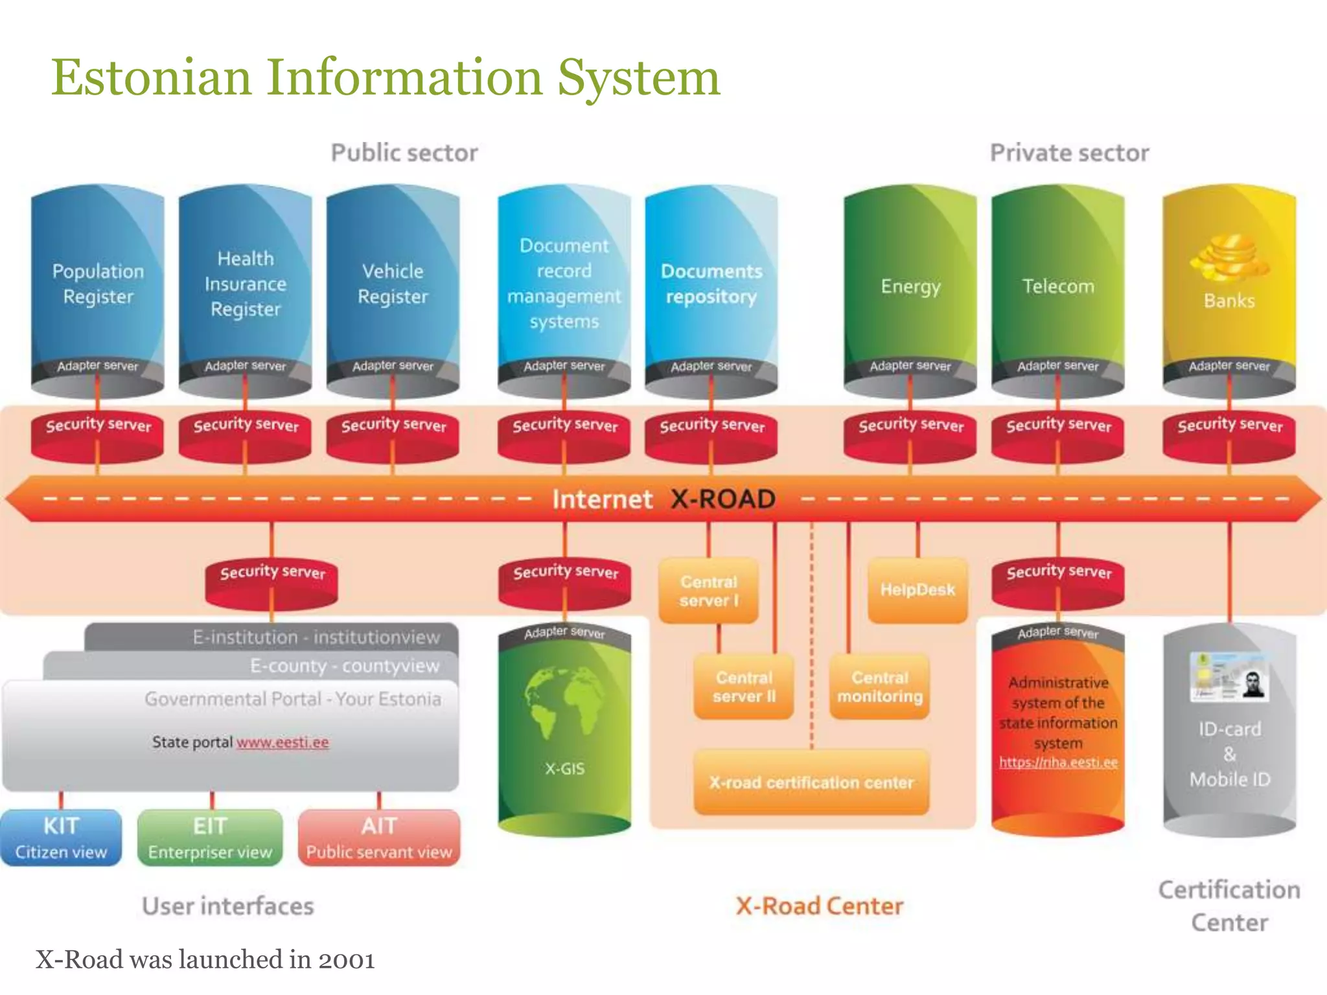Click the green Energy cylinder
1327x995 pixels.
click(910, 286)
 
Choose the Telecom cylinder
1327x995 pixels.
click(1058, 286)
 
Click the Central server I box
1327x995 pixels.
click(708, 591)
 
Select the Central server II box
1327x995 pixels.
click(744, 687)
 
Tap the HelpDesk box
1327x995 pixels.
click(917, 589)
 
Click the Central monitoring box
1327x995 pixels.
click(879, 687)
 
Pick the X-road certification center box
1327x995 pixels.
click(811, 783)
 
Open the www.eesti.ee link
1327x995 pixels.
click(283, 742)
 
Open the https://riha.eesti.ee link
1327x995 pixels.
click(1058, 762)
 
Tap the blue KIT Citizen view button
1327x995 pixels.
click(61, 838)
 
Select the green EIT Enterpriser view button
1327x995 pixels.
click(210, 838)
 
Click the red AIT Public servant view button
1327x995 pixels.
click(379, 838)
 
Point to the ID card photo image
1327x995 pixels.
click(1229, 677)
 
